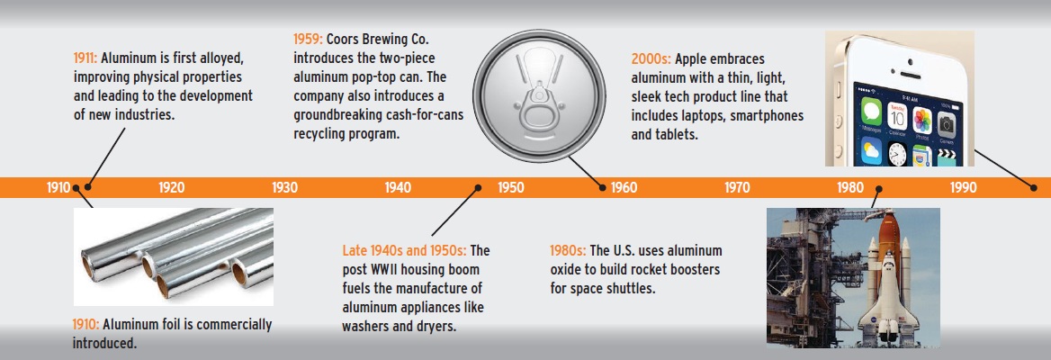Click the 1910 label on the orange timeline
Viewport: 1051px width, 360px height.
pyautogui.click(x=58, y=188)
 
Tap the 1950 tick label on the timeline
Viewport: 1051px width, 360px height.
pyautogui.click(x=511, y=188)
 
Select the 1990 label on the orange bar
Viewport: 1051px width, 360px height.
pyautogui.click(x=963, y=188)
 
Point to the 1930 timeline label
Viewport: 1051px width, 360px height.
pyautogui.click(x=285, y=188)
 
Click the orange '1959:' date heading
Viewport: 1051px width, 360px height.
pyautogui.click(x=309, y=39)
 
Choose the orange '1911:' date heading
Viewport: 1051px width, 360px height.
pyautogui.click(x=85, y=58)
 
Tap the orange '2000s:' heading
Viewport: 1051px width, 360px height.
pyautogui.click(x=651, y=59)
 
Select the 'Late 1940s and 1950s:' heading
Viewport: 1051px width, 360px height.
pyautogui.click(x=404, y=251)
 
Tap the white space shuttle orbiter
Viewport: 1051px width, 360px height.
pyautogui.click(x=888, y=295)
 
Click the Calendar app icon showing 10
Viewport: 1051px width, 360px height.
pyautogui.click(x=897, y=117)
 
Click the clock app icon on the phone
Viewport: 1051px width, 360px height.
pyautogui.click(x=897, y=154)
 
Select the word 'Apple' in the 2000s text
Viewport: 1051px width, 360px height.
pyautogui.click(x=692, y=59)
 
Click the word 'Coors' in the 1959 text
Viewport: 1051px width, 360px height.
pyautogui.click(x=343, y=39)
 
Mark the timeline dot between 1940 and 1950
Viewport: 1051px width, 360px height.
pyautogui.click(x=478, y=188)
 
